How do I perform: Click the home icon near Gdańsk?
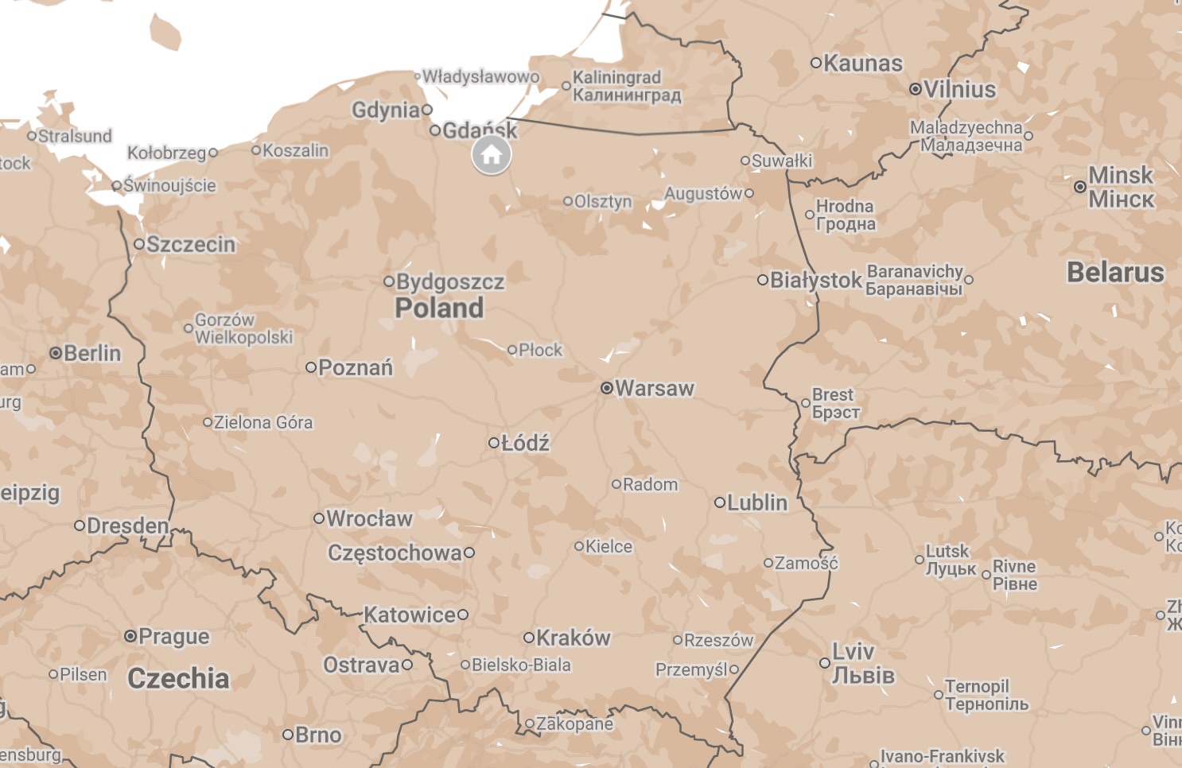tap(492, 155)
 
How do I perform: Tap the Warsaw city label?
tap(655, 388)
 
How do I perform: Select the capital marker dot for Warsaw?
tap(607, 388)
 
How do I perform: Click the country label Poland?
tap(439, 308)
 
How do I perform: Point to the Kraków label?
tap(573, 638)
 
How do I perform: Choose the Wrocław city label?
tap(369, 518)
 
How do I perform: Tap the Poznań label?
tap(356, 367)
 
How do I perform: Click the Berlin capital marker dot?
tap(56, 353)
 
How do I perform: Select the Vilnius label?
tap(960, 89)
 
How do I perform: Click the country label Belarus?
tap(1115, 272)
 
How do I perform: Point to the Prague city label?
tap(174, 636)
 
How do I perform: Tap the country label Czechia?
tap(178, 678)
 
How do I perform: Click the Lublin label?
tap(757, 502)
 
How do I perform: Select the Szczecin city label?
tap(191, 244)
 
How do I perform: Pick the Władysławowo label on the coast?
tap(480, 76)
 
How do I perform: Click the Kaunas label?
tap(863, 63)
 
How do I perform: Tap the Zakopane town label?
tap(574, 723)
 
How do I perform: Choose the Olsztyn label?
tap(603, 201)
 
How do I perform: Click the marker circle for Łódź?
tap(493, 443)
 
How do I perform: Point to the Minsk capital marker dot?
tap(1079, 187)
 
